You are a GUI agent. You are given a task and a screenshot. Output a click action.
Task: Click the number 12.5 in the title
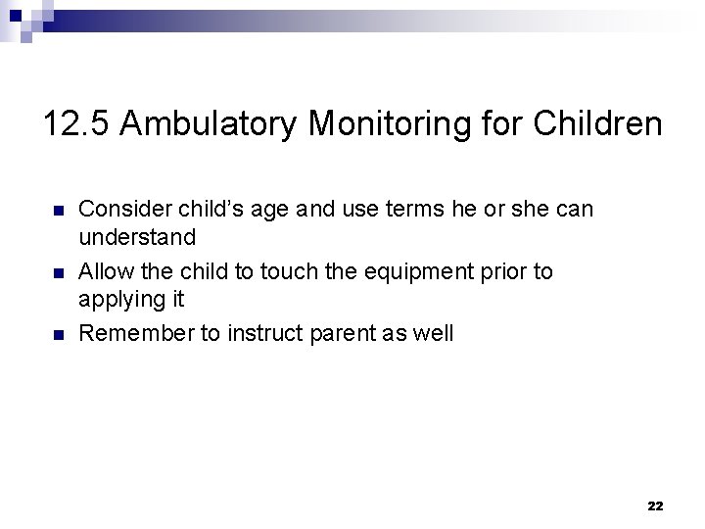pos(78,124)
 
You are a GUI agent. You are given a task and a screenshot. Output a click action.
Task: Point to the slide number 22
pos(655,506)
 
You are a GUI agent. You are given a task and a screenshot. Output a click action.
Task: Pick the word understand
pos(137,237)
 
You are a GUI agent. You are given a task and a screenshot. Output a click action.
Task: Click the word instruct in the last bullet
pos(262,333)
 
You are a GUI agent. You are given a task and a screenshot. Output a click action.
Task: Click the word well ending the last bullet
pos(433,333)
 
